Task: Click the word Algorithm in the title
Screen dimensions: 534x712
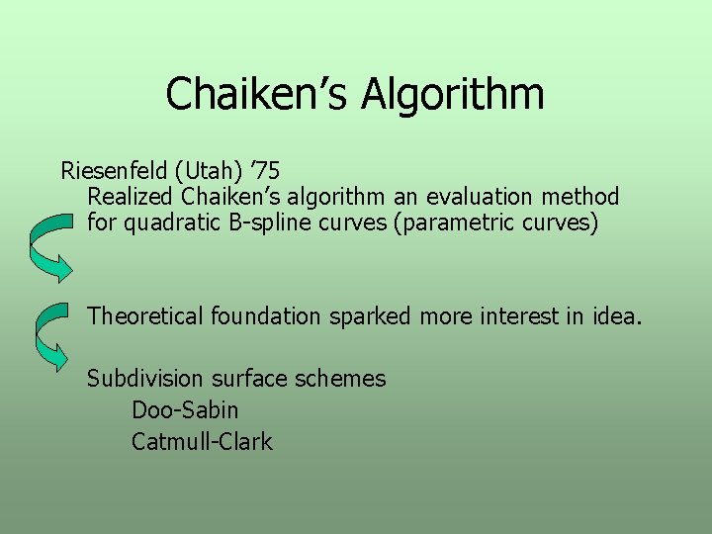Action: pos(453,96)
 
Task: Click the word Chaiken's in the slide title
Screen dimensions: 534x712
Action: pos(258,94)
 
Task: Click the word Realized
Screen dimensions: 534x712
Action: pos(126,196)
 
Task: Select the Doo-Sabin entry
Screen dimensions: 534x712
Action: pos(185,409)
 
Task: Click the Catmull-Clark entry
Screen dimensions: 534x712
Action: pos(202,441)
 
